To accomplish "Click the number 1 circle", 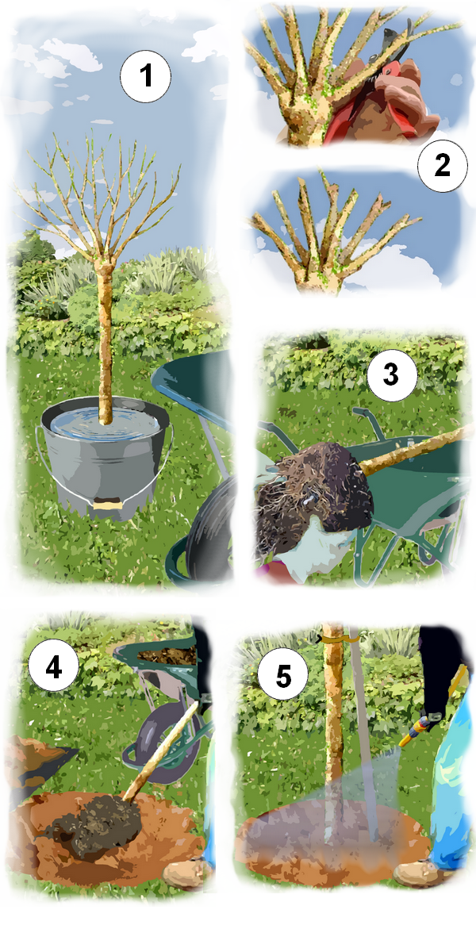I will [x=145, y=78].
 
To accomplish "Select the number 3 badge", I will [x=391, y=374].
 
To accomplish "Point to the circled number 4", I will [x=53, y=668].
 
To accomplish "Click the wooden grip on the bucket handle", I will [x=107, y=501].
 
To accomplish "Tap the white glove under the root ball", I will [x=317, y=555].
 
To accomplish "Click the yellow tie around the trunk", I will [x=337, y=636].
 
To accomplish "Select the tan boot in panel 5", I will [x=424, y=873].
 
